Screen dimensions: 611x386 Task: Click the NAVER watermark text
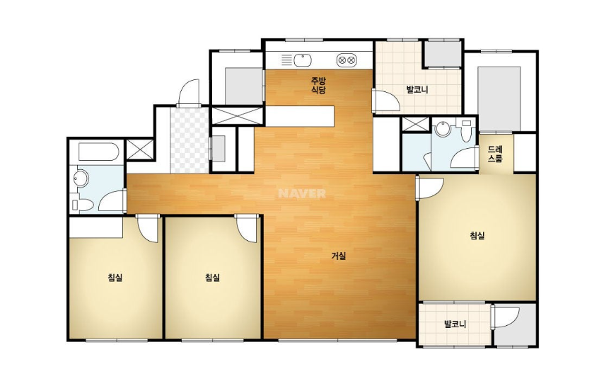tap(302, 193)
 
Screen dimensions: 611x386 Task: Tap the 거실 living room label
tap(338, 256)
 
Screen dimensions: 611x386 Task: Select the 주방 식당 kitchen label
tap(318, 86)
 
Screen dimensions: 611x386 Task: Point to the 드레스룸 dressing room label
tap(495, 154)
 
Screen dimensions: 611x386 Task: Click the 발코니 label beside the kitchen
tap(417, 90)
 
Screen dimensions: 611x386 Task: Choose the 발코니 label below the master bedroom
tap(455, 324)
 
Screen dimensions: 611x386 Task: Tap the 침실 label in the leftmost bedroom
tap(115, 278)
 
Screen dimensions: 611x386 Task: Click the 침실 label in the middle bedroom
tap(212, 278)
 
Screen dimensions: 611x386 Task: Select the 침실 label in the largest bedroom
tap(477, 235)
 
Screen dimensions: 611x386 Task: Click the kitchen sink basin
tap(303, 60)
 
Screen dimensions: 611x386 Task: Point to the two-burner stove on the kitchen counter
tap(347, 60)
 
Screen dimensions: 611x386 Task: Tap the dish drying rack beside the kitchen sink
tap(286, 60)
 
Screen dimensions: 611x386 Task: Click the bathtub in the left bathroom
tap(98, 152)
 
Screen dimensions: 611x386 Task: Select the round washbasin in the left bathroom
tap(81, 178)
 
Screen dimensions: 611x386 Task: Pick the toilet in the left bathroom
tap(83, 205)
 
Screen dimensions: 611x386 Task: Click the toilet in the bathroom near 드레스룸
tap(465, 132)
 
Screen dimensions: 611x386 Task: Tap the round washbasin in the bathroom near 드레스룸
tap(442, 128)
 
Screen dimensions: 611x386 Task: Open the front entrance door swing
tap(188, 93)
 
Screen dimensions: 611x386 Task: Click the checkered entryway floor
tap(190, 140)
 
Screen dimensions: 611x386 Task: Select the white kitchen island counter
tap(299, 116)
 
